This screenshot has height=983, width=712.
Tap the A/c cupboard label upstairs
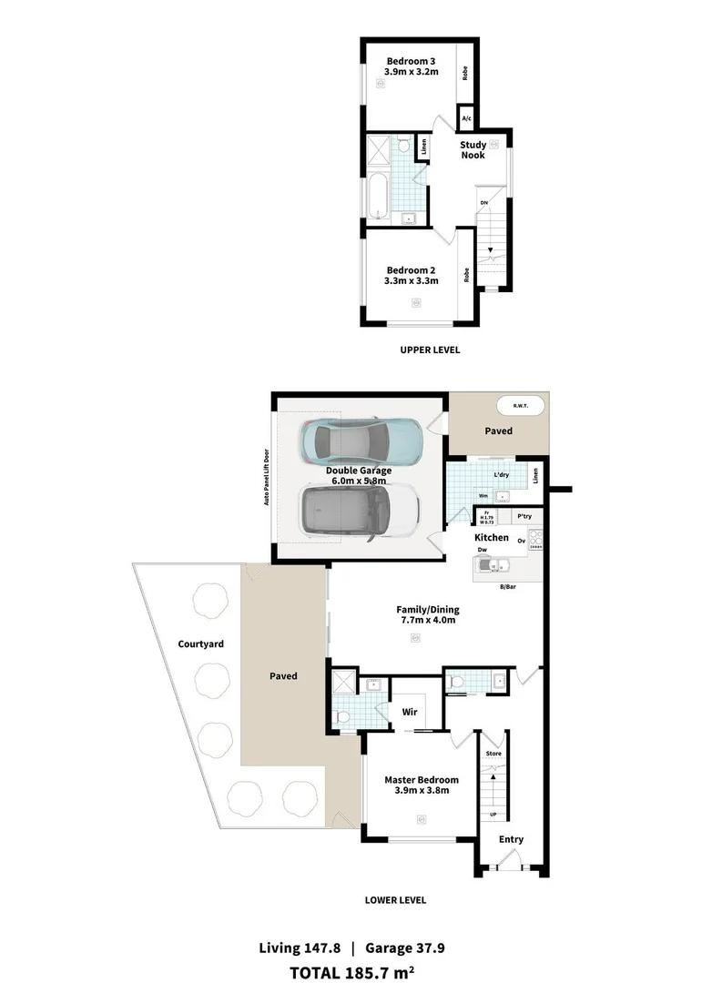tap(466, 119)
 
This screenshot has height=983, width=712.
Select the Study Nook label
tap(473, 149)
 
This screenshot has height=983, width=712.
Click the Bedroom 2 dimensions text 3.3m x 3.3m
tap(412, 281)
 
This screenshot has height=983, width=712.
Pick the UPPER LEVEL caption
tap(430, 350)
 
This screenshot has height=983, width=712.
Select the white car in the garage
tap(360, 512)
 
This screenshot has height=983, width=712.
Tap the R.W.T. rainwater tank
tap(521, 406)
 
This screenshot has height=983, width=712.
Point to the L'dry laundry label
tap(500, 475)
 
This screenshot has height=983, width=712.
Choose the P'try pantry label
tap(524, 516)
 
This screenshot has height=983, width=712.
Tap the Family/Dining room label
tap(427, 609)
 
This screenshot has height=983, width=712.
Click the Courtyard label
tap(201, 644)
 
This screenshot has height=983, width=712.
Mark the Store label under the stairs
tap(493, 754)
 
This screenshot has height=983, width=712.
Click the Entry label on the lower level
tap(511, 839)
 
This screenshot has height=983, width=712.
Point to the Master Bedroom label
tap(421, 780)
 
